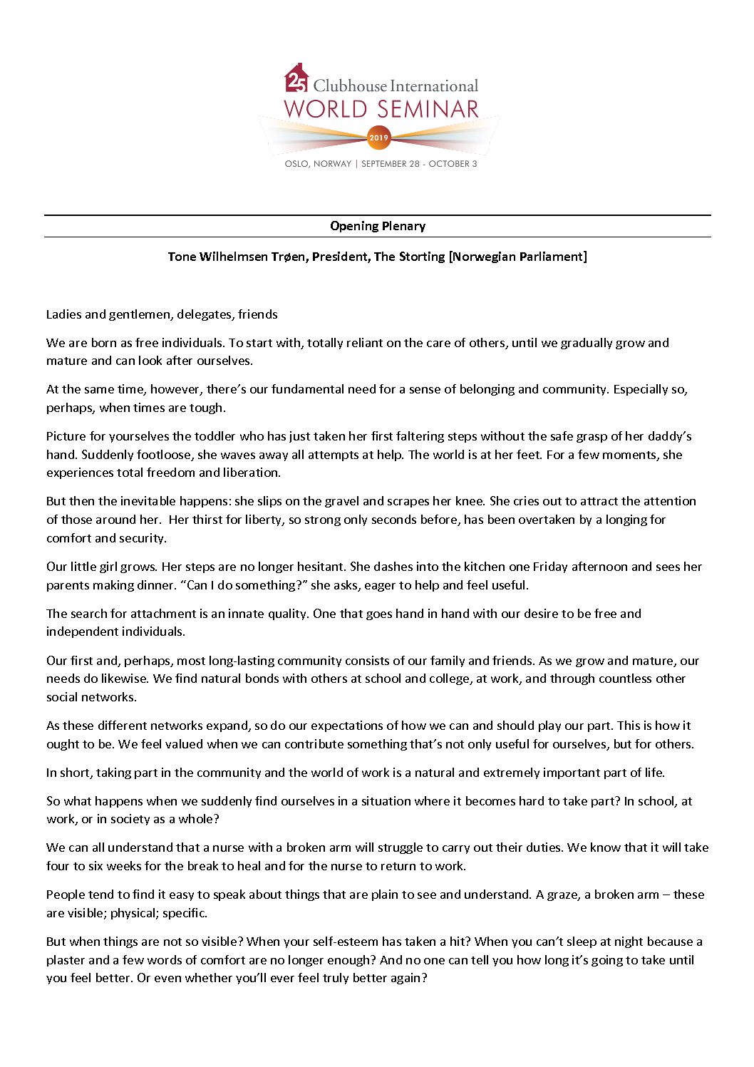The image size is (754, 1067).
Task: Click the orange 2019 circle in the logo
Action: coord(378,138)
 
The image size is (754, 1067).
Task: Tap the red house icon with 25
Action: coord(296,79)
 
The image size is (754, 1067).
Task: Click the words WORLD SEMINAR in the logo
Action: coord(381,110)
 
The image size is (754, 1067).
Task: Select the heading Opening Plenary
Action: coord(378,226)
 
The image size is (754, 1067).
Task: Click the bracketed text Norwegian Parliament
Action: coord(518,257)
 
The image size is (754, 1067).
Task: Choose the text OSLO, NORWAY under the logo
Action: coord(318,164)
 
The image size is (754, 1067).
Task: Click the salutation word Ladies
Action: coord(64,314)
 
